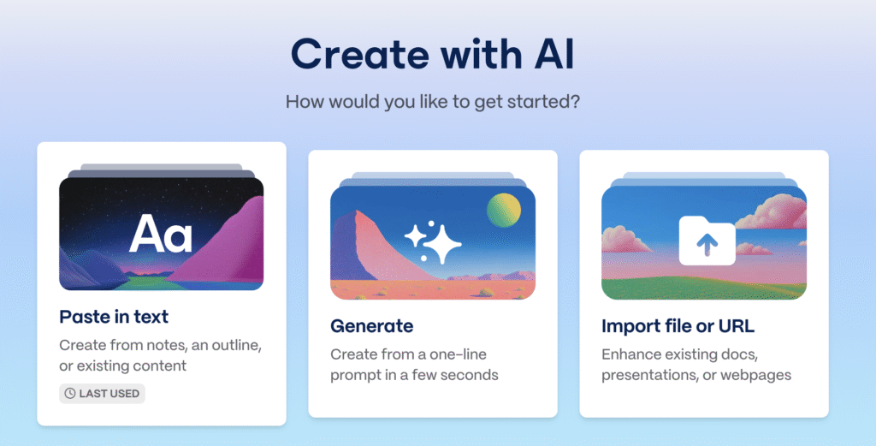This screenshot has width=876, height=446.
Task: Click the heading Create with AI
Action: pos(432,54)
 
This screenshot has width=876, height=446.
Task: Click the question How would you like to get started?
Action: pos(432,102)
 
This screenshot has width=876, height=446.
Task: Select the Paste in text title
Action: pos(114,317)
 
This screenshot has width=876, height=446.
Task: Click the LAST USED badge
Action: pos(103,394)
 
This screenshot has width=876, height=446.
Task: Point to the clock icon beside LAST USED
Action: pos(70,394)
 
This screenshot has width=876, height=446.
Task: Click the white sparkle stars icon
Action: pos(433,242)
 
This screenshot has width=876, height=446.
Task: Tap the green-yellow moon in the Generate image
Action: pos(503,210)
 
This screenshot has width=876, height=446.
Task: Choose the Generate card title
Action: pos(371,326)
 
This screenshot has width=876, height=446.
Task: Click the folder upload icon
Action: pos(707,241)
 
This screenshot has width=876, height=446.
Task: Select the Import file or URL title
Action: pos(678,326)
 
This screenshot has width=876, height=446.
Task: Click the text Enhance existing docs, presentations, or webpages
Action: pos(696,365)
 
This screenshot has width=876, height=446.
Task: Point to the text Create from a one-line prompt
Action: pos(408,365)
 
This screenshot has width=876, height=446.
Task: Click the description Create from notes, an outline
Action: pos(160,345)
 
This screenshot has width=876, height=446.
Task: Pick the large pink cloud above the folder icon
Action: pos(773,211)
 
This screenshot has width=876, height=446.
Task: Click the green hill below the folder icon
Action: pos(704,288)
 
